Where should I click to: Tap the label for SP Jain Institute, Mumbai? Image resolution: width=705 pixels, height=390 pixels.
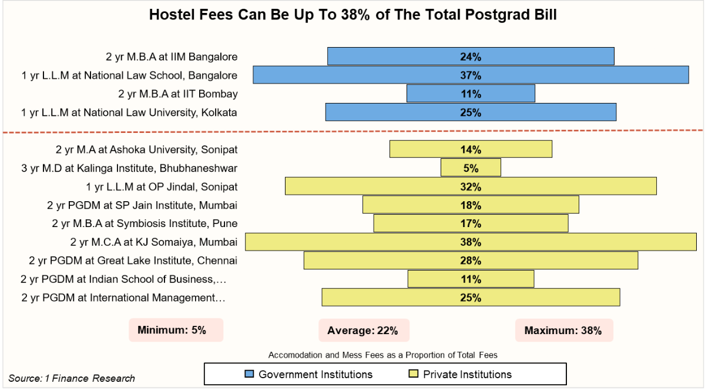point(142,205)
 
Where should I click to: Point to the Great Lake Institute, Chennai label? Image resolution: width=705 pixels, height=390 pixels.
point(133,261)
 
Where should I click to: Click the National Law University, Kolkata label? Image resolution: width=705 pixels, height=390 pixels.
point(129,112)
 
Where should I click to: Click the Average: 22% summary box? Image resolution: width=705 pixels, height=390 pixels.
point(364,331)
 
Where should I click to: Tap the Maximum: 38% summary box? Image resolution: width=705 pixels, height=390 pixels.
point(564,331)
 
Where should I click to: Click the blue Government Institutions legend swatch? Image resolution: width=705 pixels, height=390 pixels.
point(249,374)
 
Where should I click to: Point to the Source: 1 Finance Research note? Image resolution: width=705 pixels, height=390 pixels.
point(72,378)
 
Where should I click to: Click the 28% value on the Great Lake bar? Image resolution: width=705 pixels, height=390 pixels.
point(471,261)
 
